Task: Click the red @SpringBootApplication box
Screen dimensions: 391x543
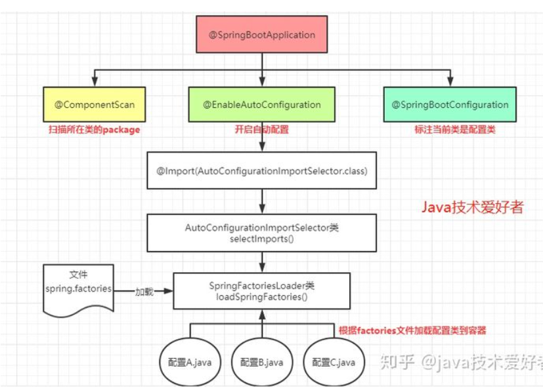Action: (x=262, y=35)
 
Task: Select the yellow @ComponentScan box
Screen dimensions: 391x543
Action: (x=95, y=104)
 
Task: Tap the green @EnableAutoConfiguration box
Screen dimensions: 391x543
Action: (x=261, y=104)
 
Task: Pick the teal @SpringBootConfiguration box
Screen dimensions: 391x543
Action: (x=450, y=104)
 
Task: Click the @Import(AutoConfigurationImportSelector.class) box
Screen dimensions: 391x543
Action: (x=261, y=172)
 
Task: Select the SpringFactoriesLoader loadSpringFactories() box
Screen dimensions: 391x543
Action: (x=261, y=291)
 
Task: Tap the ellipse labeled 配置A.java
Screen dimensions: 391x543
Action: (x=189, y=362)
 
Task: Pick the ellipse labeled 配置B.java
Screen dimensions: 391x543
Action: (x=261, y=362)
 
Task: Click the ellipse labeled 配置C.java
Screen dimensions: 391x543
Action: (x=334, y=362)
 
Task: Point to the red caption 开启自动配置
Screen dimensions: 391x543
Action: (x=261, y=129)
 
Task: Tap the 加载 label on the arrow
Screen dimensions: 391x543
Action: (x=144, y=290)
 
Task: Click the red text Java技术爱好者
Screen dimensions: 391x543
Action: (x=472, y=208)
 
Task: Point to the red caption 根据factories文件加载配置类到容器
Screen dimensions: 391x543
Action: (x=412, y=331)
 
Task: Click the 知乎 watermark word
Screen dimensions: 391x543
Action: (x=397, y=362)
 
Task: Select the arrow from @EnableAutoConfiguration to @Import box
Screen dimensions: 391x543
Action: (x=261, y=139)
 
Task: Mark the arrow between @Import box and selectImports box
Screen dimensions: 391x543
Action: (x=261, y=200)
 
